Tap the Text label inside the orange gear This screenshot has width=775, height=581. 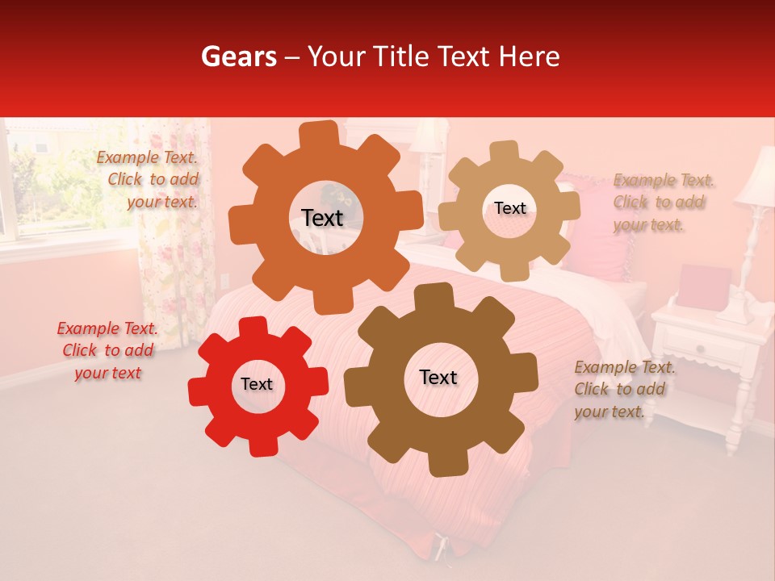point(322,218)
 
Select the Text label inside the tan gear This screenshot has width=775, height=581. point(509,208)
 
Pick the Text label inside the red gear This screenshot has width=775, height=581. point(257,384)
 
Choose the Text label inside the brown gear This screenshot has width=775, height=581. point(438,377)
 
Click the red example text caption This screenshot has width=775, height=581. point(107,351)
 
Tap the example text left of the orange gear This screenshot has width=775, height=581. point(149,180)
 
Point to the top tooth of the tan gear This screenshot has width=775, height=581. point(505,151)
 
